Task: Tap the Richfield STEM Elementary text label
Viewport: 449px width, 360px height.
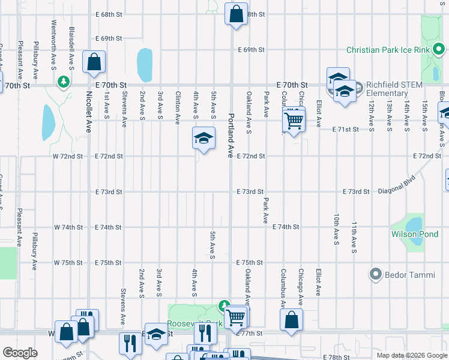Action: tap(391, 89)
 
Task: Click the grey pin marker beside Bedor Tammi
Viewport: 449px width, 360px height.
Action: tap(376, 275)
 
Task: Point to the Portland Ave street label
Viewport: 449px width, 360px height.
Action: tap(229, 135)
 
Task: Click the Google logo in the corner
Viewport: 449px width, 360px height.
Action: tap(20, 353)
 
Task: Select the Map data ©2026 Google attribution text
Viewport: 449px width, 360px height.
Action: tap(412, 355)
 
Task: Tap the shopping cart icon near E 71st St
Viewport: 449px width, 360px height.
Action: tap(294, 121)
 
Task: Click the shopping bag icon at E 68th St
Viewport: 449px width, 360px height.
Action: tap(237, 13)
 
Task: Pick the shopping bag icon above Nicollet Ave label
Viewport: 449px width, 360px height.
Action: tap(94, 61)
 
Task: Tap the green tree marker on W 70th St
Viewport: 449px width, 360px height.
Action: tap(62, 81)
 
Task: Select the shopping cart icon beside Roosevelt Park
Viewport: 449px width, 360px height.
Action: tap(237, 316)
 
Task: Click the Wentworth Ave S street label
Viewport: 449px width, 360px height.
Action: tap(54, 36)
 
